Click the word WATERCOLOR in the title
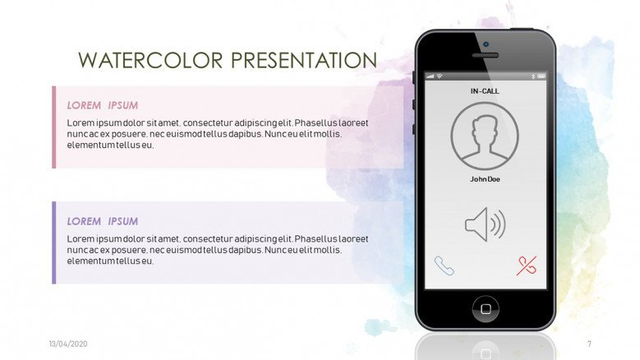click(150, 60)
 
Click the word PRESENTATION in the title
click(304, 60)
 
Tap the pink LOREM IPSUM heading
click(103, 105)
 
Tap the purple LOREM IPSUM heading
click(103, 221)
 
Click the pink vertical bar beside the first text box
click(54, 127)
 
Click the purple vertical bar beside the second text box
click(54, 242)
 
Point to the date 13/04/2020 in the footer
click(68, 344)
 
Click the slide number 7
click(589, 344)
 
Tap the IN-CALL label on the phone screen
click(485, 91)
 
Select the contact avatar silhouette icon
click(485, 136)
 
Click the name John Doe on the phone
click(485, 179)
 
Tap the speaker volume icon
click(486, 224)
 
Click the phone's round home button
click(486, 309)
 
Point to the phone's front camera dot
click(486, 44)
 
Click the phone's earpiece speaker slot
click(486, 55)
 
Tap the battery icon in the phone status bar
click(541, 76)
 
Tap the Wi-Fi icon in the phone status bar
click(440, 76)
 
